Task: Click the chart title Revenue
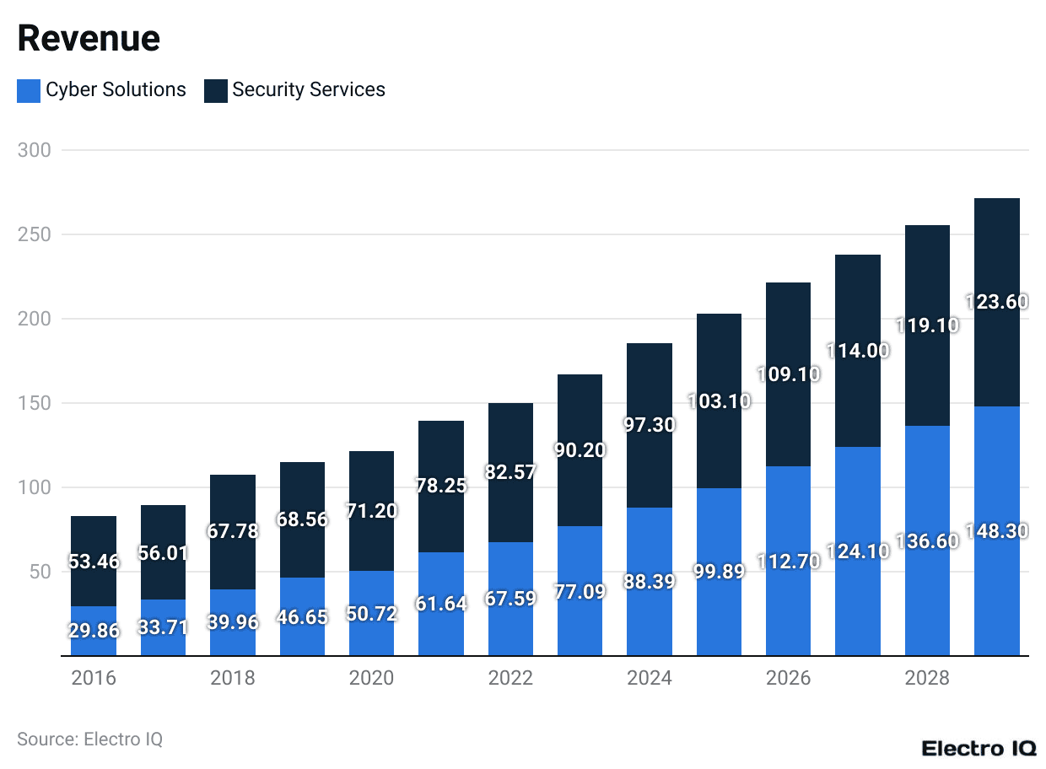[89, 39]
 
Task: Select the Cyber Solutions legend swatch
[29, 91]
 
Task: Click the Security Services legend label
[309, 90]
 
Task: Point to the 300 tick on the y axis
[35, 150]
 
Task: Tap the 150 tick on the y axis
[35, 403]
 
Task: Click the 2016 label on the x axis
[94, 679]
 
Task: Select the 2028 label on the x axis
[927, 679]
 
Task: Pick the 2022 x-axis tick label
[510, 679]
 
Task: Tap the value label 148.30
[996, 531]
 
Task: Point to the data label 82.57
[510, 472]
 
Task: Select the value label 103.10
[719, 401]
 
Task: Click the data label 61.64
[441, 604]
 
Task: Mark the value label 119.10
[927, 325]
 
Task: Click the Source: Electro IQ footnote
[90, 739]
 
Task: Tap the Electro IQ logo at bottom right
[979, 748]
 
